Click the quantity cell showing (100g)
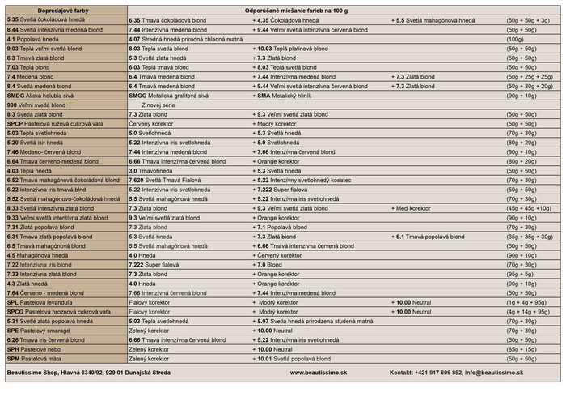click(x=515, y=39)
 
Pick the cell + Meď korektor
click(x=413, y=208)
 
